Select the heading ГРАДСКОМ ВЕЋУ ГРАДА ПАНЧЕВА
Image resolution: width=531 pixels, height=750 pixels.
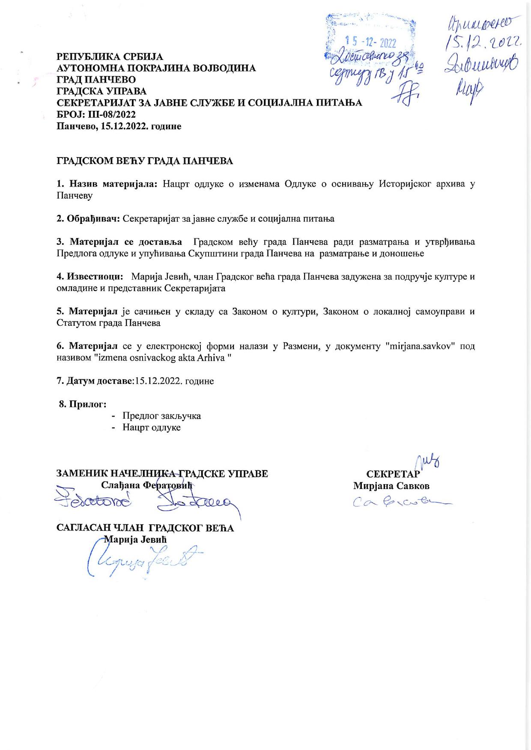click(145, 161)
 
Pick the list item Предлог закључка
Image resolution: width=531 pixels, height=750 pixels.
click(161, 416)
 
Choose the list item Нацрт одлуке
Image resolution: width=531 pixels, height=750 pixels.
click(151, 427)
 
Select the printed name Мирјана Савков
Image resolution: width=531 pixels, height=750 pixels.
click(391, 486)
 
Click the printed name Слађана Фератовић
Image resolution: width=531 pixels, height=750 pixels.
click(147, 485)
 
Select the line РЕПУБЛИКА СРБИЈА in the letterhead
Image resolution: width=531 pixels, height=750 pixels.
click(110, 57)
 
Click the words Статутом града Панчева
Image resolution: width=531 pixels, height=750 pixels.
click(108, 323)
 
